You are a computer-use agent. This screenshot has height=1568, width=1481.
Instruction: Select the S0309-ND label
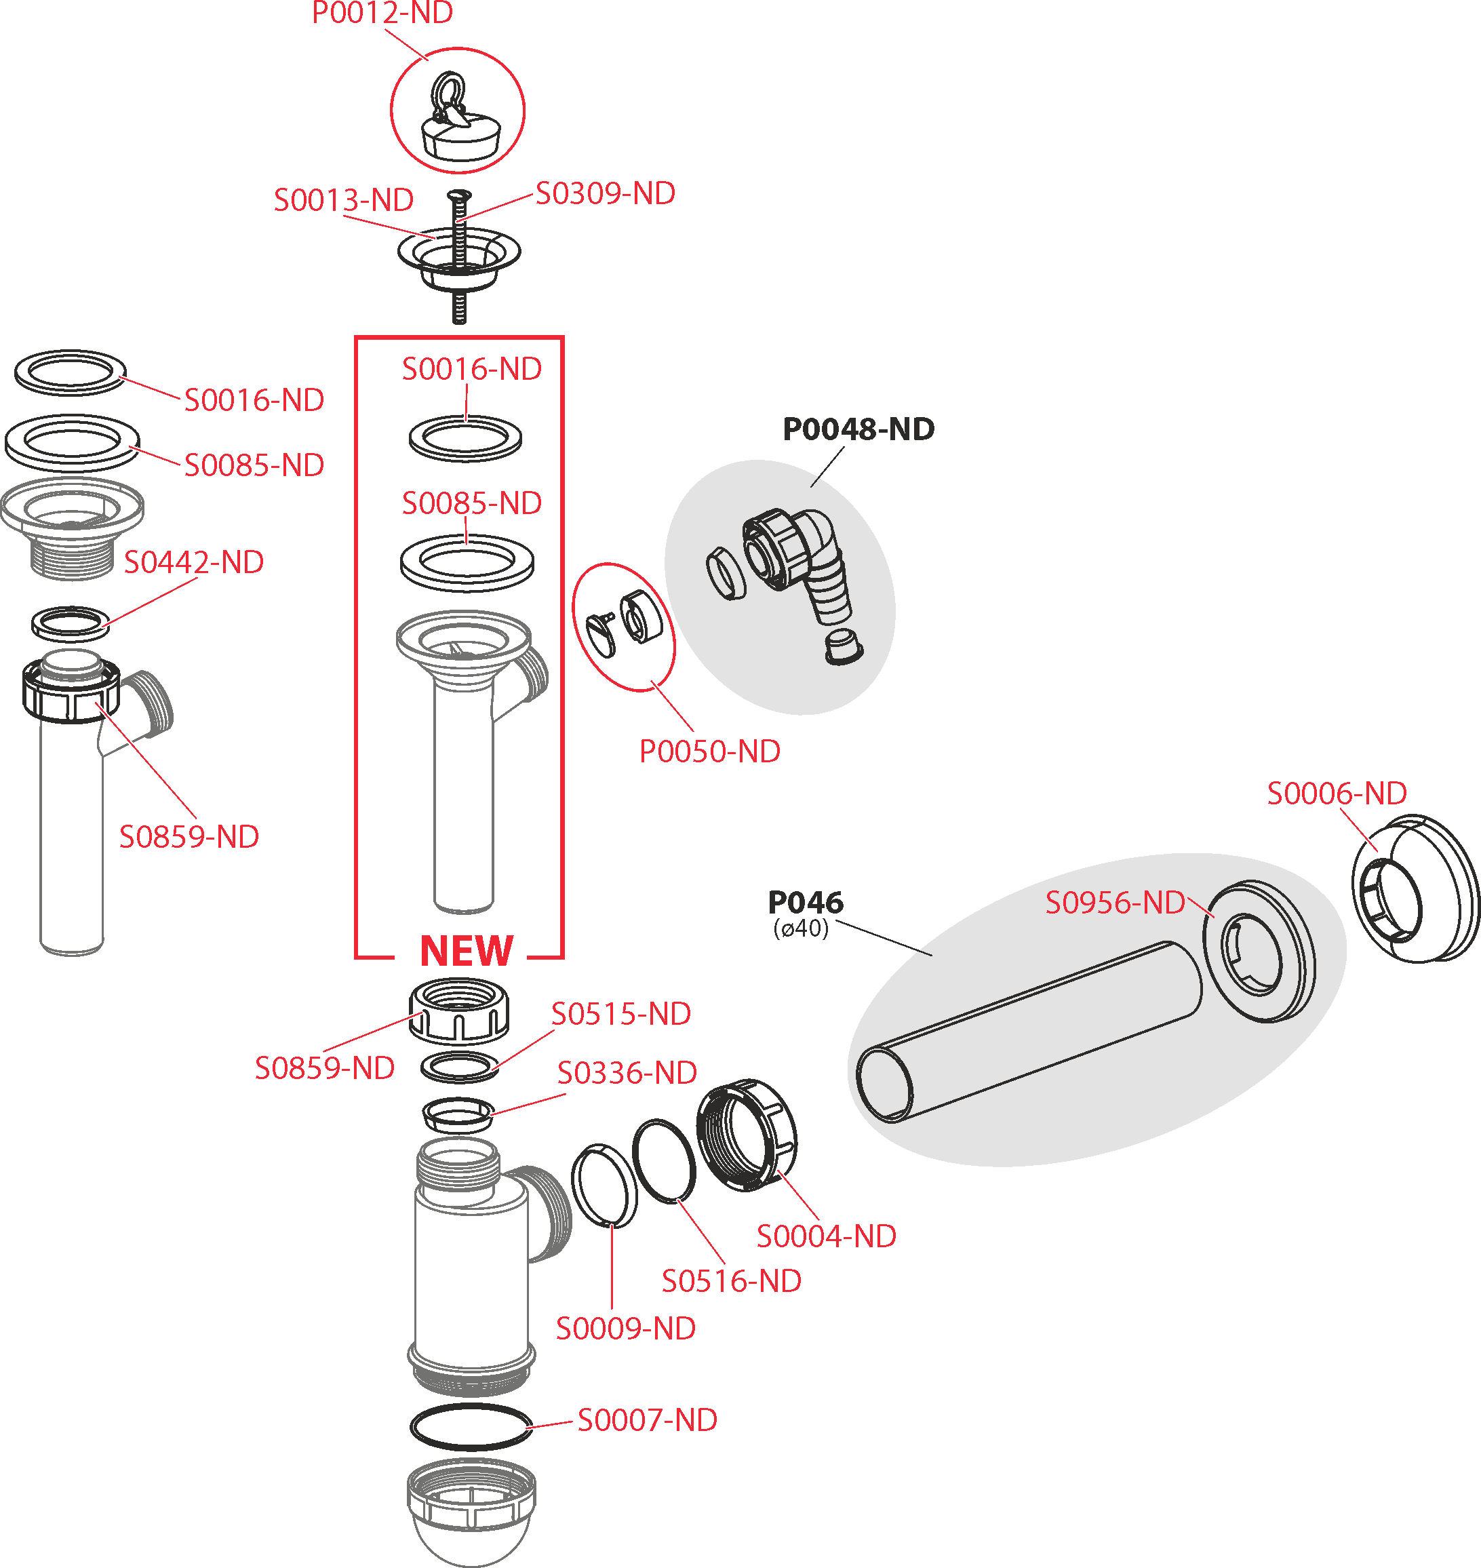pos(606,193)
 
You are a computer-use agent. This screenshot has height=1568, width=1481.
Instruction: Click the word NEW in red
pos(467,951)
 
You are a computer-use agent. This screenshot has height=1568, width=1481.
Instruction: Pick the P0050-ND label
pos(710,751)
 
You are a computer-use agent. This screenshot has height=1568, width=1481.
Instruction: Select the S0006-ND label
pos(1337,793)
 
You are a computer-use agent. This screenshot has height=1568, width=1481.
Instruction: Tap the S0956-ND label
pos(1115,903)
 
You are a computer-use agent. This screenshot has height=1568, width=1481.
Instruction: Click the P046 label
pos(805,901)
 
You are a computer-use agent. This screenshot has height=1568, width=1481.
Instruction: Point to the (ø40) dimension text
pos(802,928)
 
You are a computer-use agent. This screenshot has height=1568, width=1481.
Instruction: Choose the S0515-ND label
pos(620,1014)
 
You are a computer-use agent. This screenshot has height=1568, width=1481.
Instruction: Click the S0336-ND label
pos(627,1073)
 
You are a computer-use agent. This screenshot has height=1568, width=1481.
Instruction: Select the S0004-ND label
pos(826,1236)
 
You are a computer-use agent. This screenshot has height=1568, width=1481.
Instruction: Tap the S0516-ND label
pos(731,1281)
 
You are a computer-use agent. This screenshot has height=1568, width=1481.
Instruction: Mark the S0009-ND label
pos(625,1329)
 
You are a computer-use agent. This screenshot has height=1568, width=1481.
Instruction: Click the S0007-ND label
pos(648,1420)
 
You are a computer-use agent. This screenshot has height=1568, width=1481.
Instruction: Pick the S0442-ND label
pos(193,562)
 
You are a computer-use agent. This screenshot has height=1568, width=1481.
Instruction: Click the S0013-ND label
pos(343,201)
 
